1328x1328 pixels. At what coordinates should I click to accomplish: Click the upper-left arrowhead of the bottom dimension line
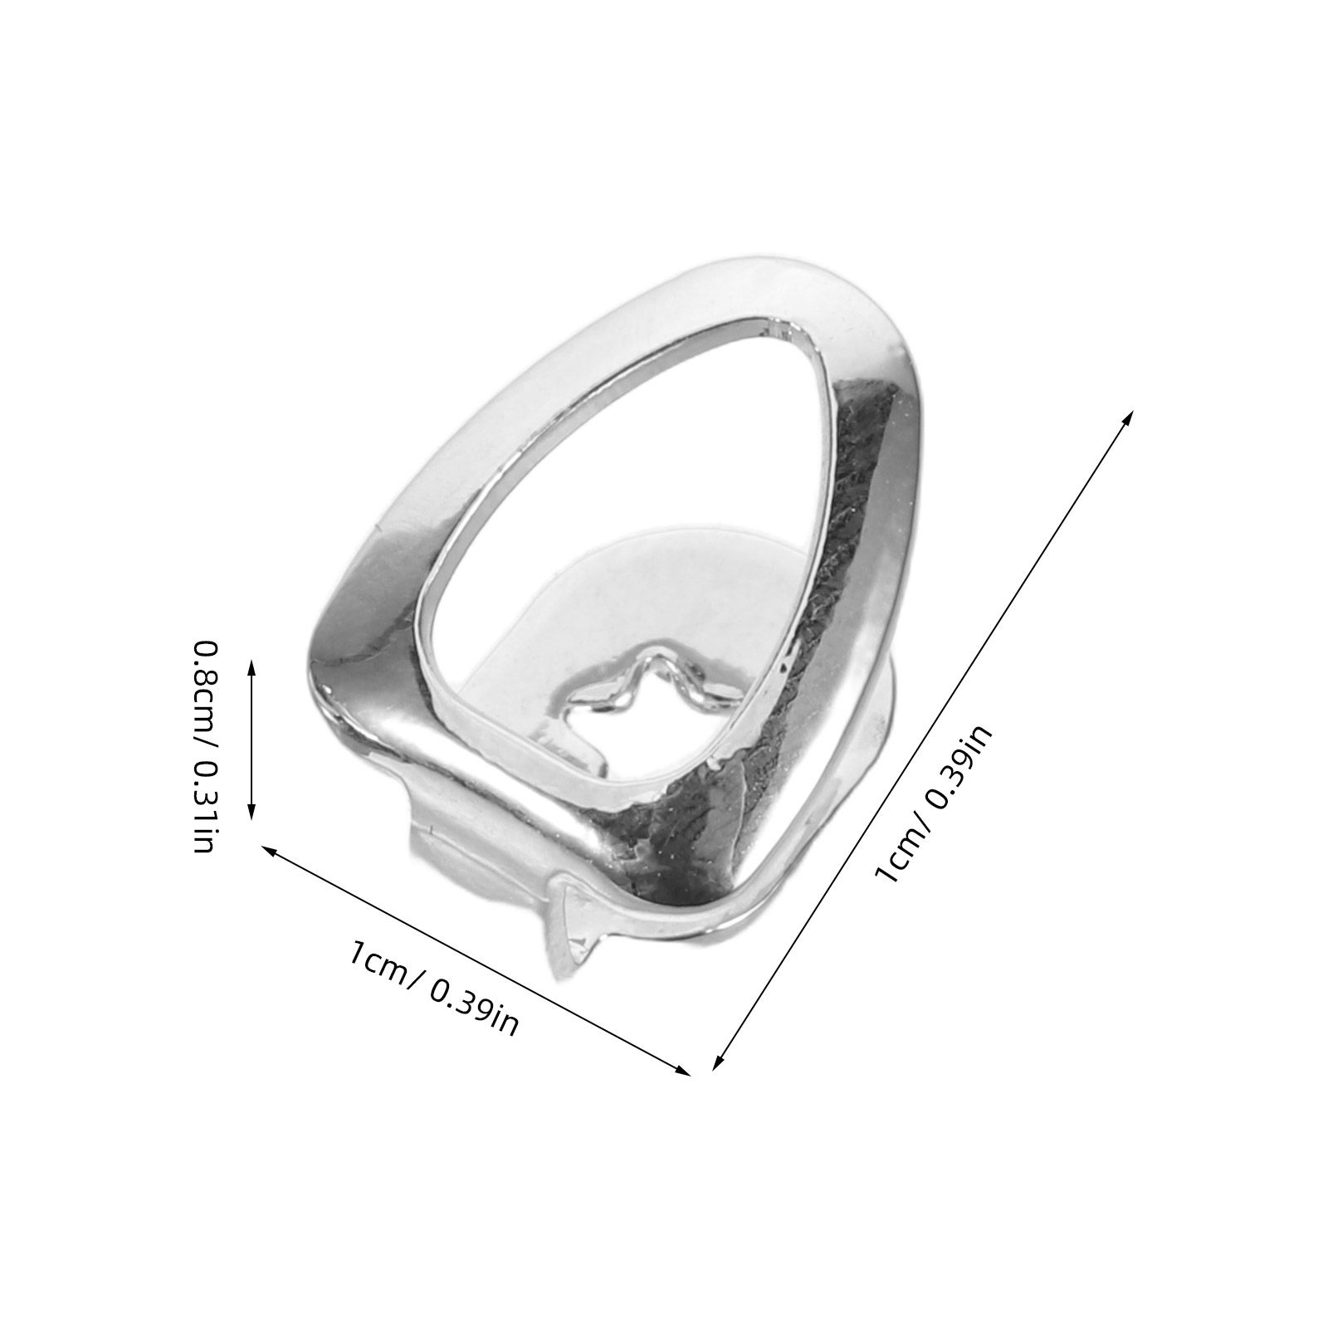[271, 850]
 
